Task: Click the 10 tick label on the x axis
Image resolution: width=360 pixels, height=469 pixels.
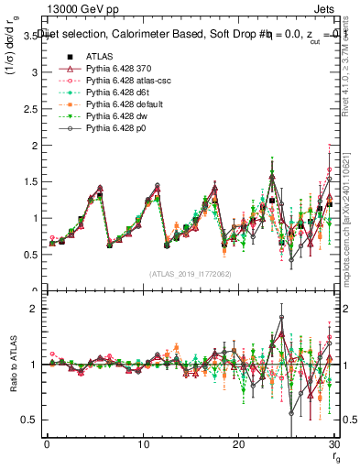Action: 142,444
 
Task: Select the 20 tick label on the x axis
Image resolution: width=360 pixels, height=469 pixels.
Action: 238,444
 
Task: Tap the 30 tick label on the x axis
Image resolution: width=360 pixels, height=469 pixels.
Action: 333,444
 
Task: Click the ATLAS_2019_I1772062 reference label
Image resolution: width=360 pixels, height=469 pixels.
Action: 191,274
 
